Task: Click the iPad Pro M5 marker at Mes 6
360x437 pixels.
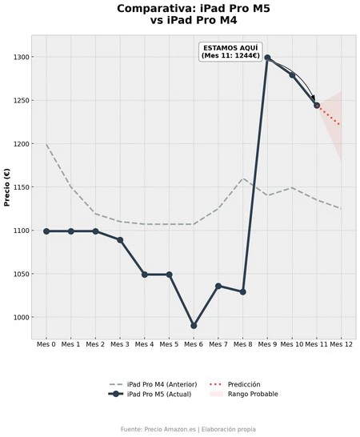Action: tap(194, 326)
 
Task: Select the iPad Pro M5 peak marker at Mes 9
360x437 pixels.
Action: tap(267, 58)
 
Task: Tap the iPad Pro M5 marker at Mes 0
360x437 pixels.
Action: tap(46, 231)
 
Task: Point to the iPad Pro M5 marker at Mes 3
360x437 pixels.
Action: tap(120, 240)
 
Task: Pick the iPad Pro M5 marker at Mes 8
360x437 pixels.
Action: tap(242, 292)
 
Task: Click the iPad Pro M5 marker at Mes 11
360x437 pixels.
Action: tap(317, 106)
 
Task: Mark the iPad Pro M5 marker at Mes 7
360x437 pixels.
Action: tap(218, 286)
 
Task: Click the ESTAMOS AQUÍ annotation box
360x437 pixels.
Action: tap(230, 52)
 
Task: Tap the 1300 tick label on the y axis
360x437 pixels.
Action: tap(21, 57)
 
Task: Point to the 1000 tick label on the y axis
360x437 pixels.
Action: tap(21, 318)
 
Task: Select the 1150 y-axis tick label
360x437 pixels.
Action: tap(21, 187)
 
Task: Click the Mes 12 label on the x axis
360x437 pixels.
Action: tap(342, 344)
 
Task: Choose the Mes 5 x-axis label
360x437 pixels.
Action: tap(169, 344)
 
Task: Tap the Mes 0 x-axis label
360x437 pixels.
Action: tap(46, 344)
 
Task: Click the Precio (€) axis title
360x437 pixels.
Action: tap(7, 187)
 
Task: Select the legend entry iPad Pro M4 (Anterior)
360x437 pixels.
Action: tap(154, 385)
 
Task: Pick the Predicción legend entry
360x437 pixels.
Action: tap(234, 385)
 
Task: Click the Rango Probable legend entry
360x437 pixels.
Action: tap(243, 394)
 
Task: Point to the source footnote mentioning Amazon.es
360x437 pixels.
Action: tap(188, 429)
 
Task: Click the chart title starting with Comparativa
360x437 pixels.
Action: tap(194, 14)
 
